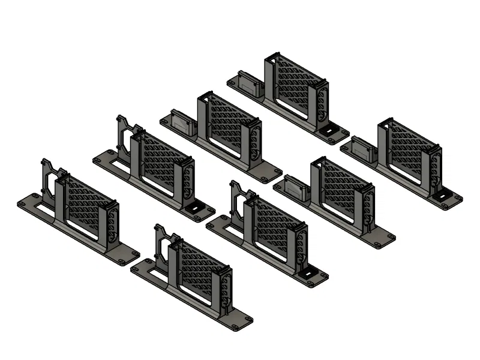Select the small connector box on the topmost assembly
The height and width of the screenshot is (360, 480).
pyautogui.click(x=249, y=83)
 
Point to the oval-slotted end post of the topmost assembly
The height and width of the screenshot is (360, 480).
pyautogui.click(x=322, y=102)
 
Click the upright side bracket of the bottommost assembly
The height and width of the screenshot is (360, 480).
pyautogui.click(x=161, y=243)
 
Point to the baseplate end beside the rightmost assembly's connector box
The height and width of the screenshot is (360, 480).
pyautogui.click(x=347, y=148)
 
